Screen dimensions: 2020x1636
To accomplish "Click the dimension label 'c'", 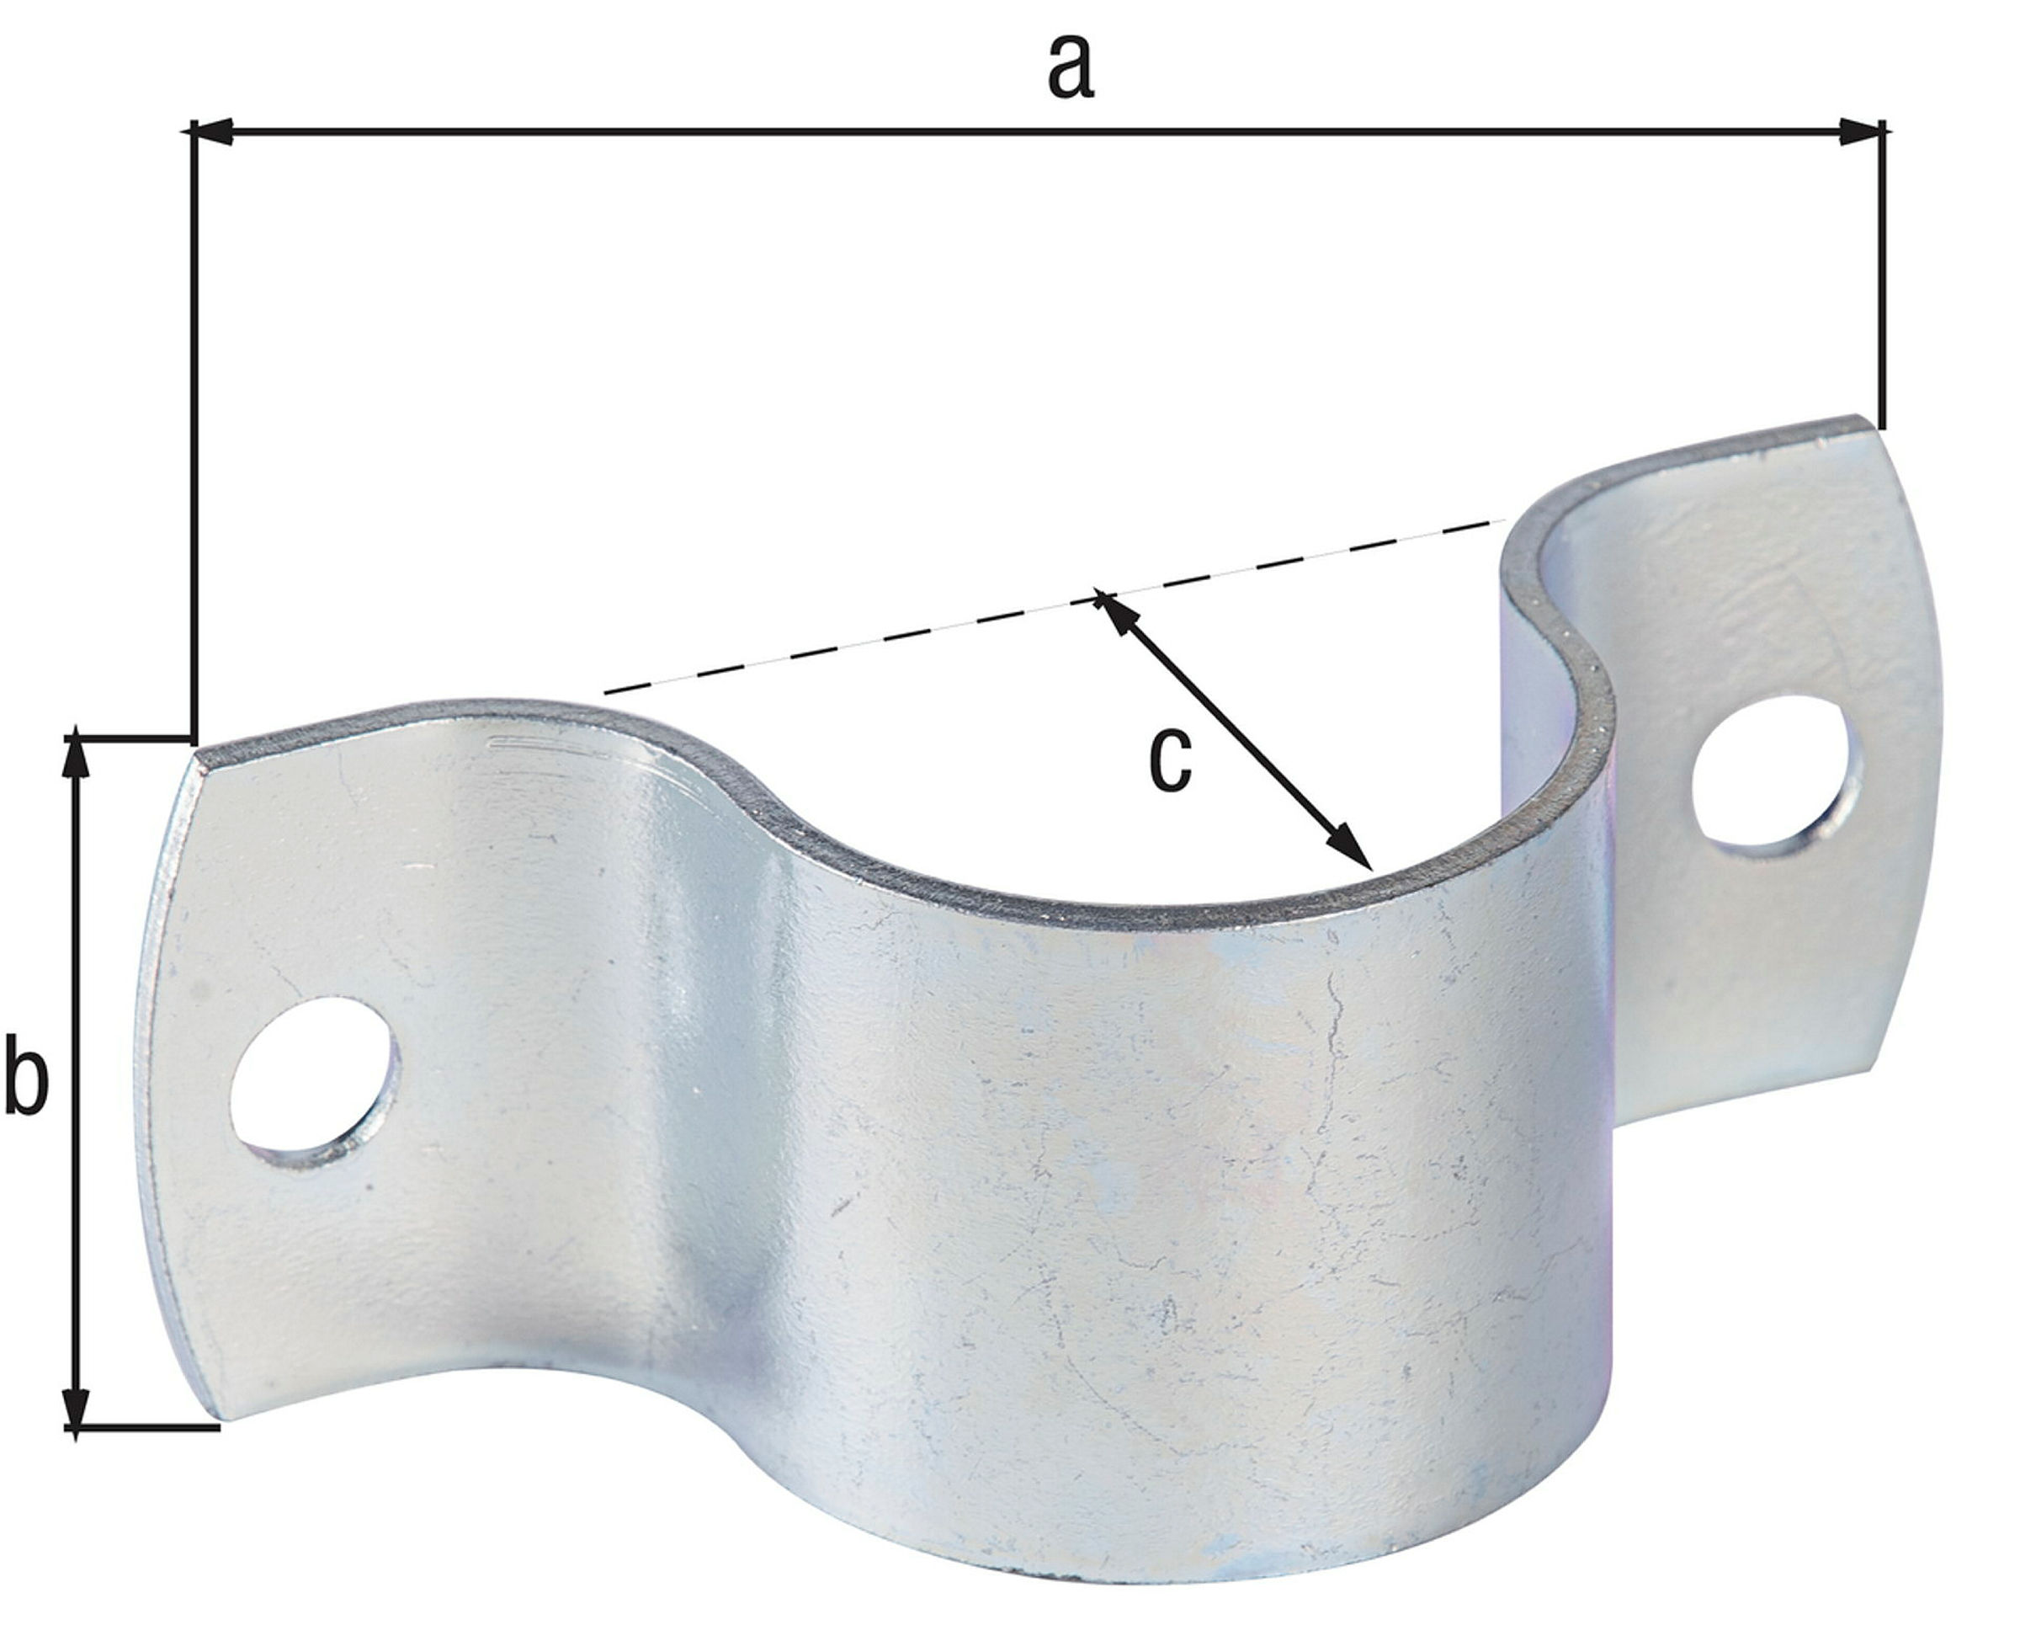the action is pyautogui.click(x=1171, y=759).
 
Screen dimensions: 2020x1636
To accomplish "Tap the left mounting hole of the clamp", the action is pyautogui.click(x=315, y=1074).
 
